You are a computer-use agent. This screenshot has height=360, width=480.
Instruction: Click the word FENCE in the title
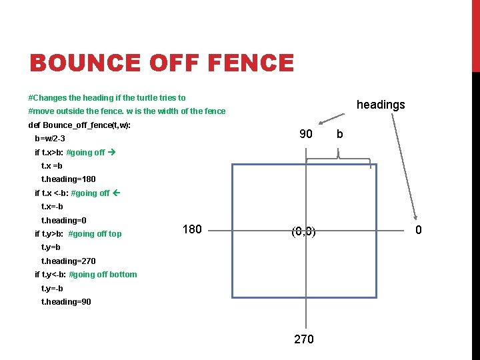pyautogui.click(x=251, y=63)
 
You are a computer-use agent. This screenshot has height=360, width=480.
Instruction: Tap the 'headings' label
pyautogui.click(x=381, y=105)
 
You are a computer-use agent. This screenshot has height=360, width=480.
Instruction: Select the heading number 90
pyautogui.click(x=305, y=134)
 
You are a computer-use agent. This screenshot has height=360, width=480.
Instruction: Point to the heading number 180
pyautogui.click(x=191, y=229)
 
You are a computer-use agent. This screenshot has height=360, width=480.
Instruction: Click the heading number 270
pyautogui.click(x=303, y=339)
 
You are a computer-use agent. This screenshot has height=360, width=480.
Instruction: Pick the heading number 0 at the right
pyautogui.click(x=418, y=231)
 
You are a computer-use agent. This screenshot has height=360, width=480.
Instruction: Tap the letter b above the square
pyautogui.click(x=340, y=134)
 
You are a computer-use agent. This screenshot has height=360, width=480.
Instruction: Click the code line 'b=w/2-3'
pyautogui.click(x=50, y=139)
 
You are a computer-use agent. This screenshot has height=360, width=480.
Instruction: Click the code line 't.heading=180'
pyautogui.click(x=69, y=179)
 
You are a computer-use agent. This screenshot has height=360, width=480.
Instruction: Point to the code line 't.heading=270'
pyautogui.click(x=69, y=261)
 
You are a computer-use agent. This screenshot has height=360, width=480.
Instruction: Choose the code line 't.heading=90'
pyautogui.click(x=66, y=301)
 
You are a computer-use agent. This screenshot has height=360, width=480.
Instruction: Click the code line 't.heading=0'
pyautogui.click(x=64, y=220)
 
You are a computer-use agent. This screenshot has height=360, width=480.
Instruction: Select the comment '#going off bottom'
pyautogui.click(x=103, y=274)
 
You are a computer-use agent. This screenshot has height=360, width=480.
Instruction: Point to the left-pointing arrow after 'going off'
pyautogui.click(x=115, y=193)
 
